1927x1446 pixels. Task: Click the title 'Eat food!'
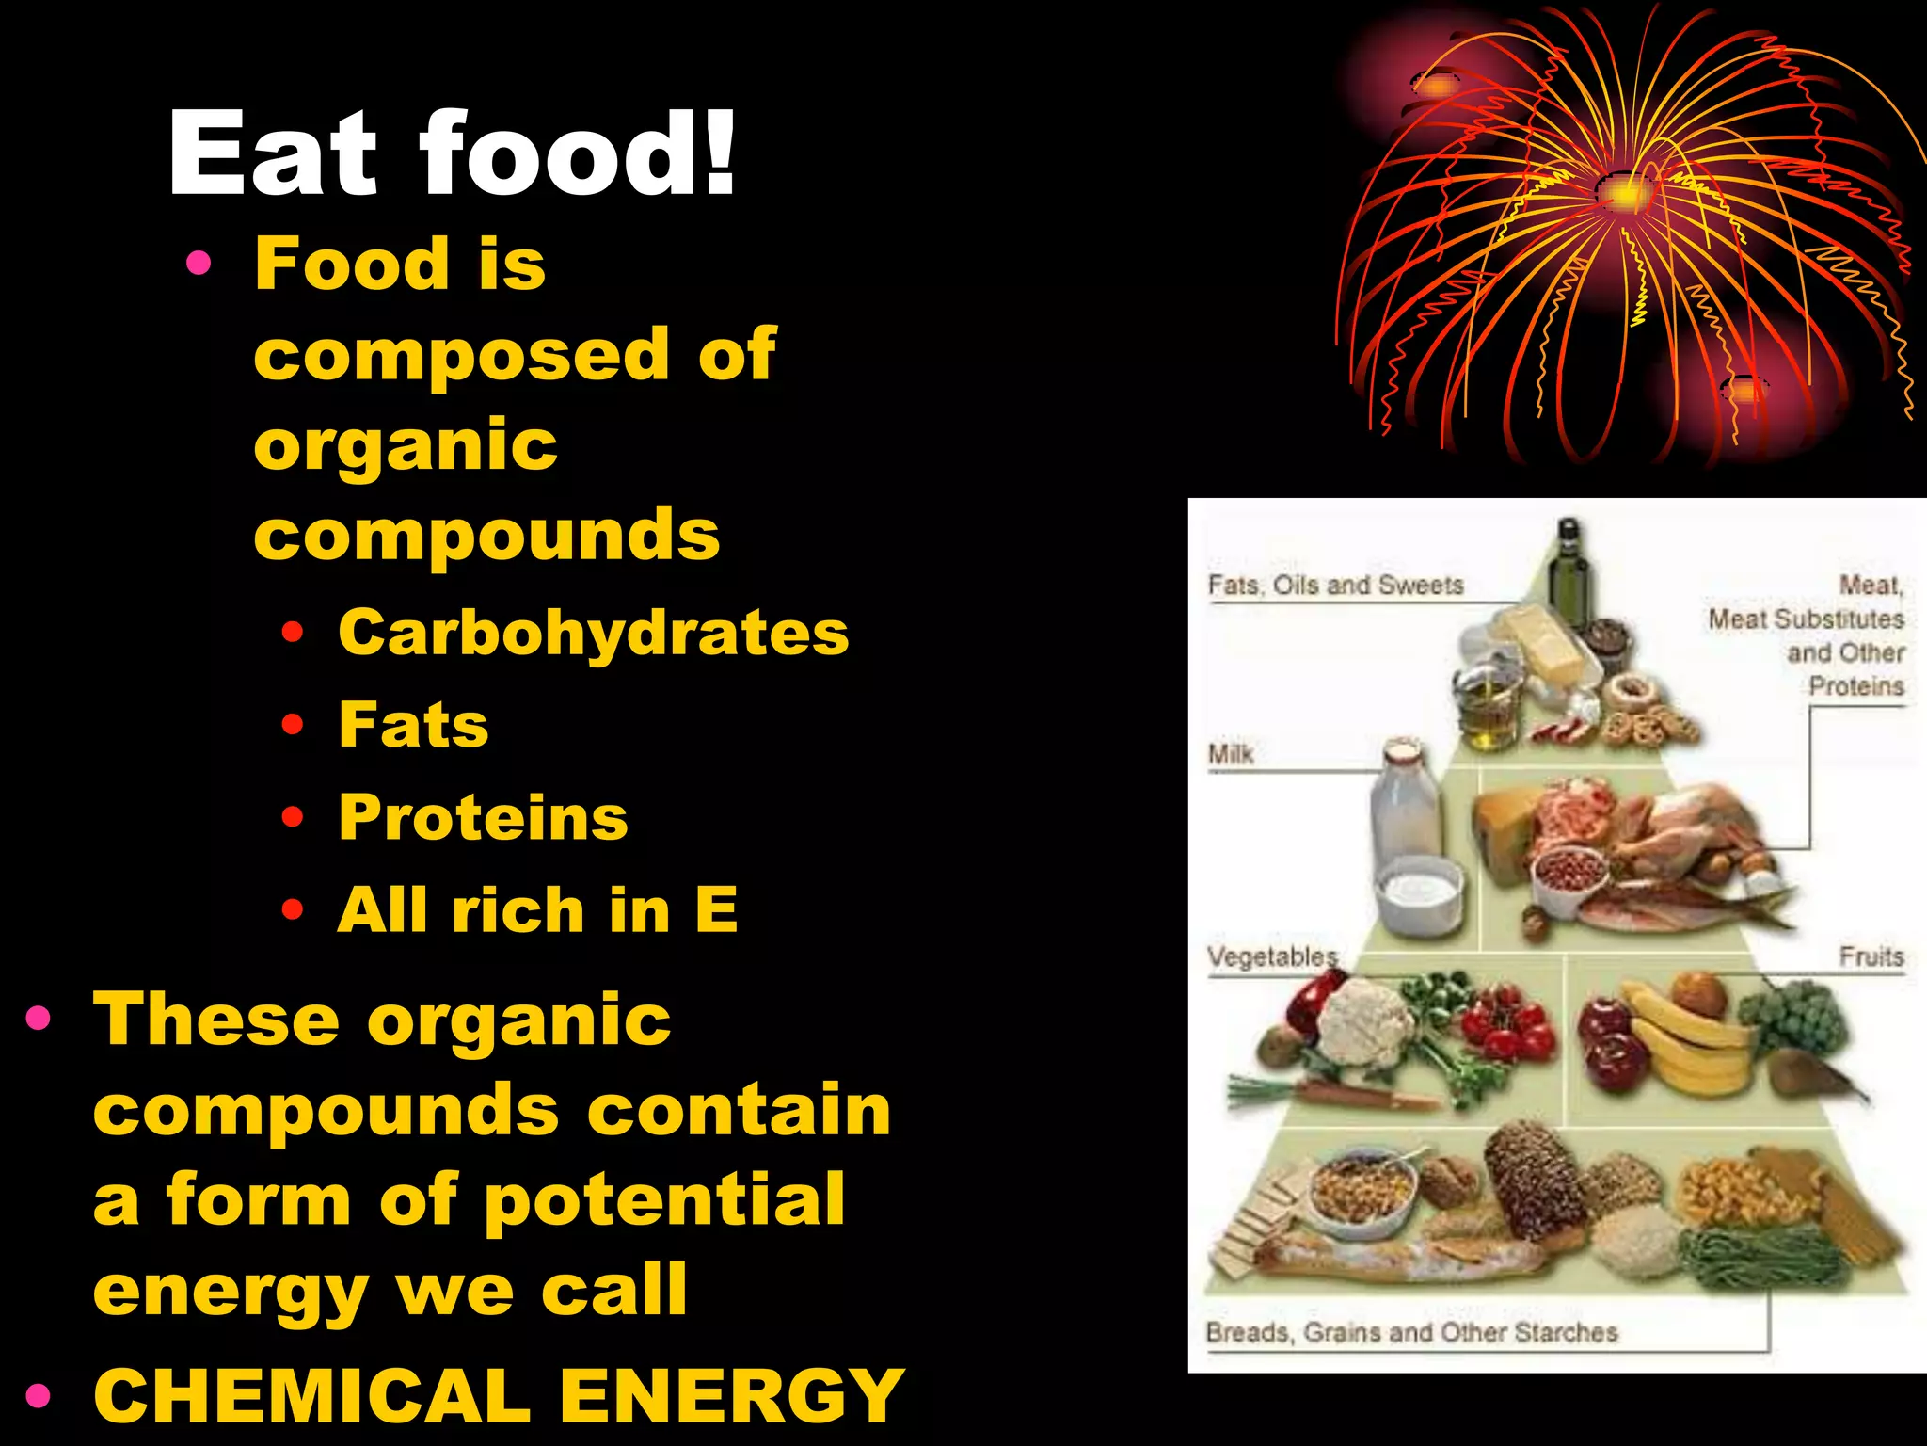tap(452, 153)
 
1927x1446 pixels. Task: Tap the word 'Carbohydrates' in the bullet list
tap(594, 633)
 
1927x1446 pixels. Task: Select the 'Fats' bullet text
tap(414, 725)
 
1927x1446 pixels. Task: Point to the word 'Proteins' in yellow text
tap(484, 817)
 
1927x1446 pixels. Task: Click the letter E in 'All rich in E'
tap(717, 909)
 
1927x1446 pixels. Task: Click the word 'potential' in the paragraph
tap(665, 1200)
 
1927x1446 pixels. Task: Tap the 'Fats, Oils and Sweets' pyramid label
tap(1336, 586)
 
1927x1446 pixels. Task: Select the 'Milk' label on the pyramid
tap(1231, 754)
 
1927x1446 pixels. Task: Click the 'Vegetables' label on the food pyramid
tap(1272, 957)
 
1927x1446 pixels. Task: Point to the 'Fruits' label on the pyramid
tap(1871, 957)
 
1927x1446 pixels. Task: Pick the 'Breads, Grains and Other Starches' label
tap(1411, 1333)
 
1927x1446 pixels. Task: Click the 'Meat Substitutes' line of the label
tap(1806, 619)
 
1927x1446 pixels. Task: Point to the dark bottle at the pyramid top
tap(1568, 565)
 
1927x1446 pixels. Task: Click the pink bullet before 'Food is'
tap(199, 263)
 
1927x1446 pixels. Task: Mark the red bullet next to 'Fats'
tap(293, 725)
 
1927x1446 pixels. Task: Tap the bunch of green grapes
tap(1792, 1017)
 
